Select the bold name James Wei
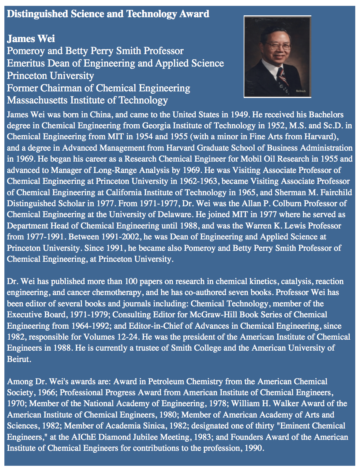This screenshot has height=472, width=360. [31, 39]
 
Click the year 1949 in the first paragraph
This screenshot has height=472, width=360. [239, 114]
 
